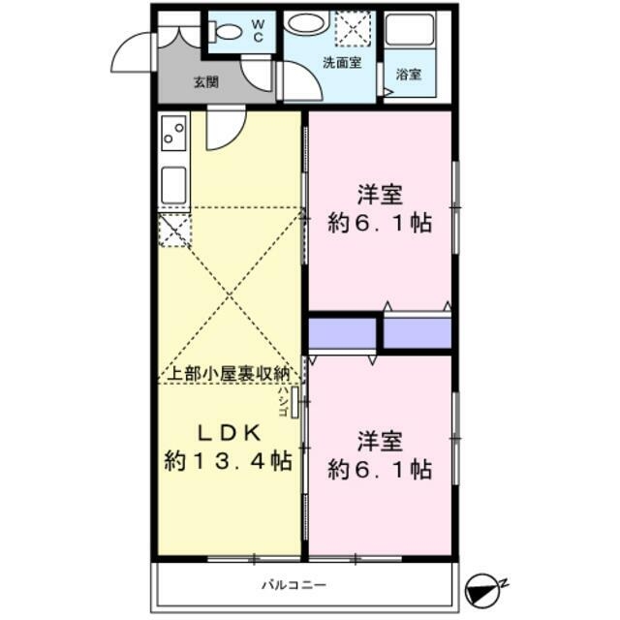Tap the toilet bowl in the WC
tap(229, 31)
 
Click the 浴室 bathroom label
tap(409, 73)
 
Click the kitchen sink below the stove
tap(174, 184)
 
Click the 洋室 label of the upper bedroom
tap(379, 194)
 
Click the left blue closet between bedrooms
tap(342, 332)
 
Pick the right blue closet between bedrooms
tap(418, 332)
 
